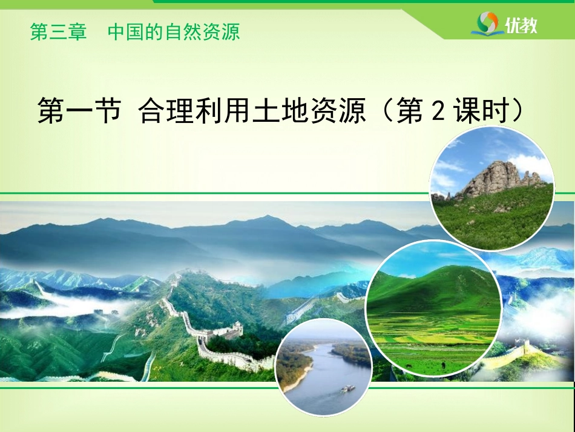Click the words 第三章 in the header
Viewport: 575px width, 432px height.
(x=58, y=32)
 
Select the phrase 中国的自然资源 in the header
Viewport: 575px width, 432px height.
(x=174, y=32)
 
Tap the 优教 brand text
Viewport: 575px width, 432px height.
(x=521, y=25)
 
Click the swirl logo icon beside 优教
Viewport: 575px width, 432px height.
(x=488, y=23)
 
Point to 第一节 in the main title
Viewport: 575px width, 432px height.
(x=79, y=110)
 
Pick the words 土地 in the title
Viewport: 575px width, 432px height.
(x=280, y=110)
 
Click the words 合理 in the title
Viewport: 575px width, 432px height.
(x=165, y=110)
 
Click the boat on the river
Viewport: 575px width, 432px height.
(x=348, y=388)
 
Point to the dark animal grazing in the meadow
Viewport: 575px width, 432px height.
(x=443, y=365)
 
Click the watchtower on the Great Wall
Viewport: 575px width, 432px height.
(x=237, y=328)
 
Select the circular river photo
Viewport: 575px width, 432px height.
(x=324, y=367)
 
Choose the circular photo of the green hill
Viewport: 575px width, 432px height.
(x=434, y=308)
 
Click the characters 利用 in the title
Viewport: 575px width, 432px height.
(x=223, y=110)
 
